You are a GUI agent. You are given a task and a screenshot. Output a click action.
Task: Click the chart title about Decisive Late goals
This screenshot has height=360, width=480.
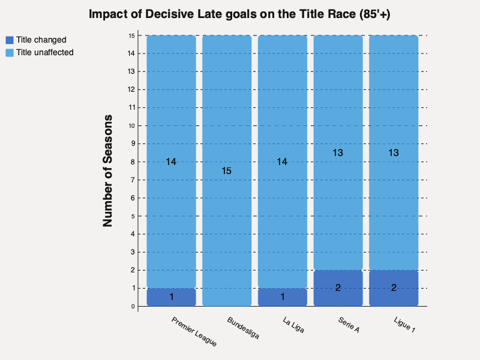[x=239, y=15]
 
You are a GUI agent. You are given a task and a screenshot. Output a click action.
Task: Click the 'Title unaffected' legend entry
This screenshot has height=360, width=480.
[x=44, y=52]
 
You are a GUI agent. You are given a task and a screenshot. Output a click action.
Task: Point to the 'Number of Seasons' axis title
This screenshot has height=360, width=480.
[x=108, y=170]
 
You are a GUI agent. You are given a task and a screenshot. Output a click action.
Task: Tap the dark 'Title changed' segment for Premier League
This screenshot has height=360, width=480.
[x=172, y=297]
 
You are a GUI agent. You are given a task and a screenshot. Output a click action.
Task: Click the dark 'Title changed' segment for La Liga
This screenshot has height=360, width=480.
[x=283, y=297]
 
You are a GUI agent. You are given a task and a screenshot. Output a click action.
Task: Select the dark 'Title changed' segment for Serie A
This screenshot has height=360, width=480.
[x=338, y=288]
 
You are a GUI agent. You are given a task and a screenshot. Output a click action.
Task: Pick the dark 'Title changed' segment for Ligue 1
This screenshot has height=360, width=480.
[x=394, y=288]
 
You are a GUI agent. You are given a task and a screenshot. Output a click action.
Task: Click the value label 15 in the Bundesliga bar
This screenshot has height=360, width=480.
[x=227, y=171]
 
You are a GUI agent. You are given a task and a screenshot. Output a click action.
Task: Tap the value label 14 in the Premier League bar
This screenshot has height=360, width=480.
[x=172, y=161]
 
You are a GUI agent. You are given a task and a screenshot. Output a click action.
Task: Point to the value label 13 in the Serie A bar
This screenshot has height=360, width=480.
[x=338, y=153]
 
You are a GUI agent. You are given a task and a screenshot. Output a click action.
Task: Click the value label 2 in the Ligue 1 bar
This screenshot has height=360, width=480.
[x=394, y=288]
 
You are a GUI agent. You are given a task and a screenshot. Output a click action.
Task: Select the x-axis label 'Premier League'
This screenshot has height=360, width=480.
[x=194, y=332]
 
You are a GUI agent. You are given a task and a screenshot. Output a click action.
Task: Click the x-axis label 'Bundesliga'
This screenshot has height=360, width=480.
[x=243, y=328]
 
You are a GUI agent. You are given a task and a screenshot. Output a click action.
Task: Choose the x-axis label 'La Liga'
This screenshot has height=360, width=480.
[x=293, y=325]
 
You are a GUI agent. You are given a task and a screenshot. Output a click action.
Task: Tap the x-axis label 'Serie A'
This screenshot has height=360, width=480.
[x=348, y=325]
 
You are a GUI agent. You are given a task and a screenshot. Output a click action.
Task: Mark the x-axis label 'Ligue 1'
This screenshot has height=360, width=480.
[x=404, y=325]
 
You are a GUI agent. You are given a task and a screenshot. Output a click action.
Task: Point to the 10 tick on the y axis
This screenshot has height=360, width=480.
[x=131, y=125]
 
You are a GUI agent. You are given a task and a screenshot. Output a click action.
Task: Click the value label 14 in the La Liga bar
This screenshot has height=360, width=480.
[x=283, y=161]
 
